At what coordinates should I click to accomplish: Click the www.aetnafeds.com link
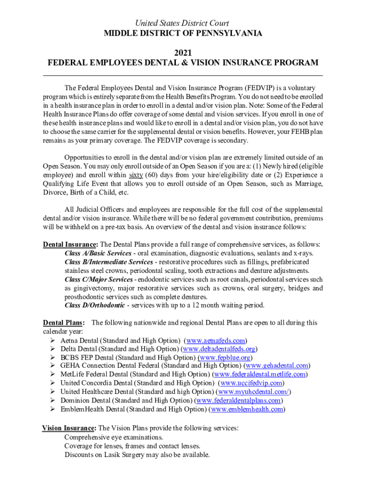click(x=216, y=340)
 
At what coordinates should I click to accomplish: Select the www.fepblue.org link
click(x=225, y=357)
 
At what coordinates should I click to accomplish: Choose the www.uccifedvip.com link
click(x=251, y=383)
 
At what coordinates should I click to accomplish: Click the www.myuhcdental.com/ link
click(x=254, y=392)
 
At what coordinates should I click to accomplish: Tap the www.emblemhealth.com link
click(x=247, y=409)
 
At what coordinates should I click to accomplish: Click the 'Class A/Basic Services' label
click(x=98, y=253)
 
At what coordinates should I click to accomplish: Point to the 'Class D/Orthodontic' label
click(x=95, y=305)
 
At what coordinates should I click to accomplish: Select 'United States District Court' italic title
click(x=183, y=23)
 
